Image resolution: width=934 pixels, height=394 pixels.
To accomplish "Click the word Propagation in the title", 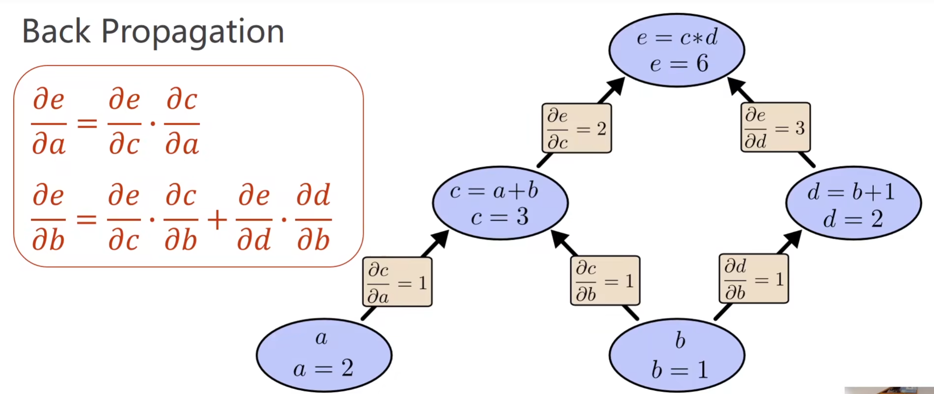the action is click(192, 33).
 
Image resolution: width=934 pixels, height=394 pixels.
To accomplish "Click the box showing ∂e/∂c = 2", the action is click(577, 128).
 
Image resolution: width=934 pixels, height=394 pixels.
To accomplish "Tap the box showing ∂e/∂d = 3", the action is click(775, 127).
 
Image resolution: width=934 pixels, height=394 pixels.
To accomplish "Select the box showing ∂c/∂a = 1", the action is click(397, 282).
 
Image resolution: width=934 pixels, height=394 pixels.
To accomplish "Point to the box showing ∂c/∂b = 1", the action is click(605, 281).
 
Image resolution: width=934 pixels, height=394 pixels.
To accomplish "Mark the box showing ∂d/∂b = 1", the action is click(754, 279).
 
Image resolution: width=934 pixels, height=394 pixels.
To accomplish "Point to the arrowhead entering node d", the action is click(792, 240).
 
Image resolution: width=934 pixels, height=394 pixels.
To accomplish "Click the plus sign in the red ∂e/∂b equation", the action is click(217, 220).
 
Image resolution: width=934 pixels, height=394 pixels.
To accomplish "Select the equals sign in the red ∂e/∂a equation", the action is click(87, 123).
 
